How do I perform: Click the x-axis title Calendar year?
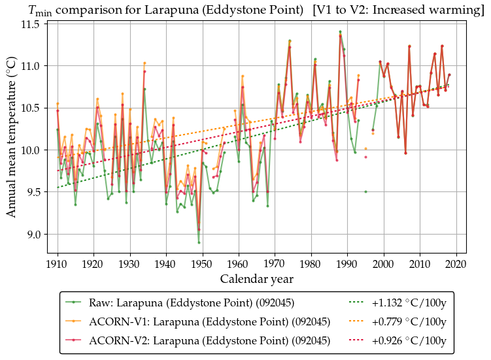click(256, 279)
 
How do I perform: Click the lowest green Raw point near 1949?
click(199, 242)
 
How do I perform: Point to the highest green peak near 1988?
click(340, 31)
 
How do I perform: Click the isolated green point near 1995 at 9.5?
click(365, 191)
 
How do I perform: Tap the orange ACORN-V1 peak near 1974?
click(290, 41)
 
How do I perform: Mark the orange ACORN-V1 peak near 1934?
click(144, 63)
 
